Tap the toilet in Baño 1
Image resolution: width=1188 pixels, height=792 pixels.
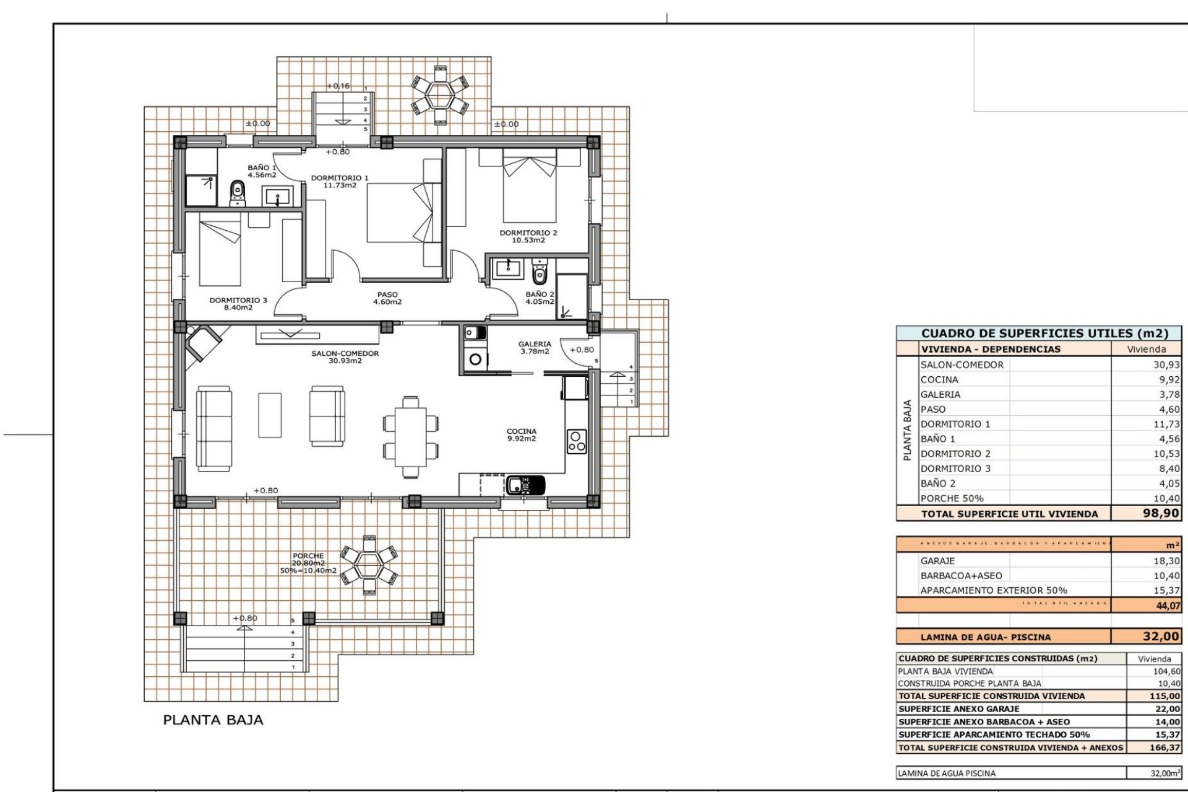pos(237,193)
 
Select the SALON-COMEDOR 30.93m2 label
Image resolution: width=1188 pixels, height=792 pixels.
pos(345,357)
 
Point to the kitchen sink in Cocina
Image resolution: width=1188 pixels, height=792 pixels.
pos(525,484)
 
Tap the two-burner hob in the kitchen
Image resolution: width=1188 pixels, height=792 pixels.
pos(576,442)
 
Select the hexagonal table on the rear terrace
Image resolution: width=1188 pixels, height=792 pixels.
pos(440,95)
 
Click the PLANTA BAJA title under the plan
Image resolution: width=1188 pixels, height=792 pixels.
pos(213,720)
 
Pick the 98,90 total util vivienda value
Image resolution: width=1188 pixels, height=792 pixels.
pos(1160,514)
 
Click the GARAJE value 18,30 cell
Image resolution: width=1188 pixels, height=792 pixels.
pos(1166,561)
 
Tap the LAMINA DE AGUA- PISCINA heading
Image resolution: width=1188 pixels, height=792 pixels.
pos(985,637)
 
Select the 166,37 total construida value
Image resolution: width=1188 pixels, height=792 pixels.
pos(1164,747)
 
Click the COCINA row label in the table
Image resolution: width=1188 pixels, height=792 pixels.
pos(939,380)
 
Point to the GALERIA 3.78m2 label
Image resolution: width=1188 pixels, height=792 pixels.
pos(535,348)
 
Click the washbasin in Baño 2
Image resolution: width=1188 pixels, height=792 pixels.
pos(508,269)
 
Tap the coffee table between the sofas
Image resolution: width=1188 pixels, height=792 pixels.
pos(270,415)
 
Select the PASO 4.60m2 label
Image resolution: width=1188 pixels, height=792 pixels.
pos(387,298)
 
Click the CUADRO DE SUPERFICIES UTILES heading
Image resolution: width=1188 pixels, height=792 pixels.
pos(1044,334)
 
